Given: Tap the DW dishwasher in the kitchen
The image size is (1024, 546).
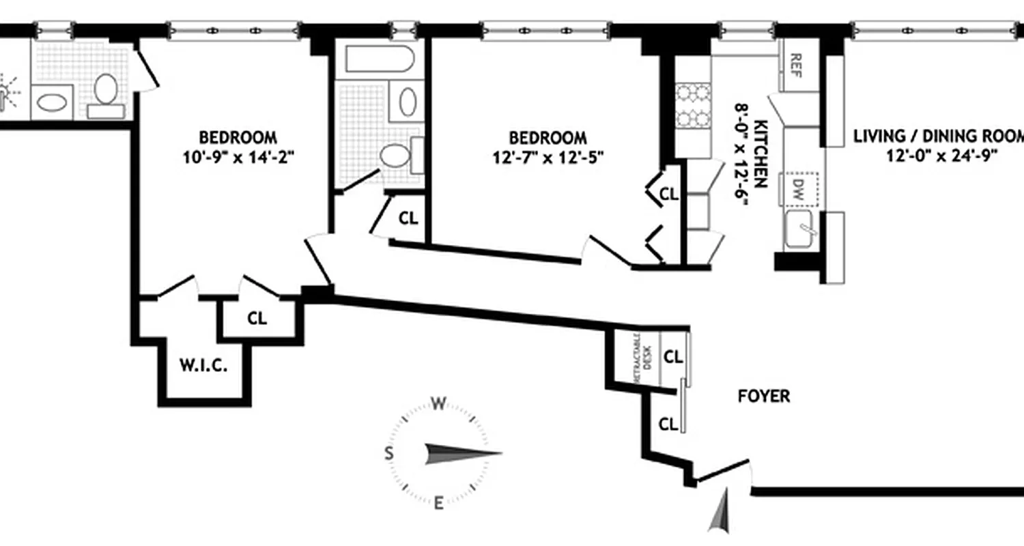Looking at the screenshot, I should coord(799,186).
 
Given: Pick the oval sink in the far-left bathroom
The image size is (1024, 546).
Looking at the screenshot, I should coord(52,103).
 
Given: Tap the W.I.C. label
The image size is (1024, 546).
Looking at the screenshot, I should coord(203,365).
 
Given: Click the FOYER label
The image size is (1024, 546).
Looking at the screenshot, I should coord(764,396).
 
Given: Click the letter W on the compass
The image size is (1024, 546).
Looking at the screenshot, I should coord(438,404).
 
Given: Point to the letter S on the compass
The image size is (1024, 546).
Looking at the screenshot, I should coord(388,453).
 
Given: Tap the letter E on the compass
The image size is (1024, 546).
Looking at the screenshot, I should coord(439,504).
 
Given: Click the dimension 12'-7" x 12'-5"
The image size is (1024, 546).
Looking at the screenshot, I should coord(548,158).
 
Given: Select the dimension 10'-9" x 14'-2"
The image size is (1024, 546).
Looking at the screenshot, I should coord(238,157).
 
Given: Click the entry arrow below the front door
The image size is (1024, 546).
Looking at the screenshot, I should coord(720,512).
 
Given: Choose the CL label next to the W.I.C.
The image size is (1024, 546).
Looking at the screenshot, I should coord(257,318).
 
